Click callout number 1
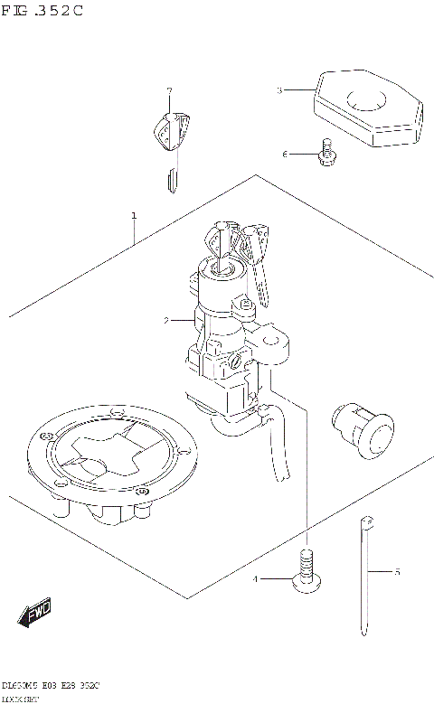pyautogui.click(x=134, y=216)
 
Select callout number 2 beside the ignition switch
pyautogui.click(x=166, y=320)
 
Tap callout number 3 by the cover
pyautogui.click(x=279, y=90)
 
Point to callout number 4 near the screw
pyautogui.click(x=257, y=579)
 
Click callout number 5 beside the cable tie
pyautogui.click(x=395, y=572)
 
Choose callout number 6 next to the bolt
pyautogui.click(x=284, y=155)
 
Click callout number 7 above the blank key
pyautogui.click(x=168, y=91)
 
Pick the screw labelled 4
pyautogui.click(x=307, y=575)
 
